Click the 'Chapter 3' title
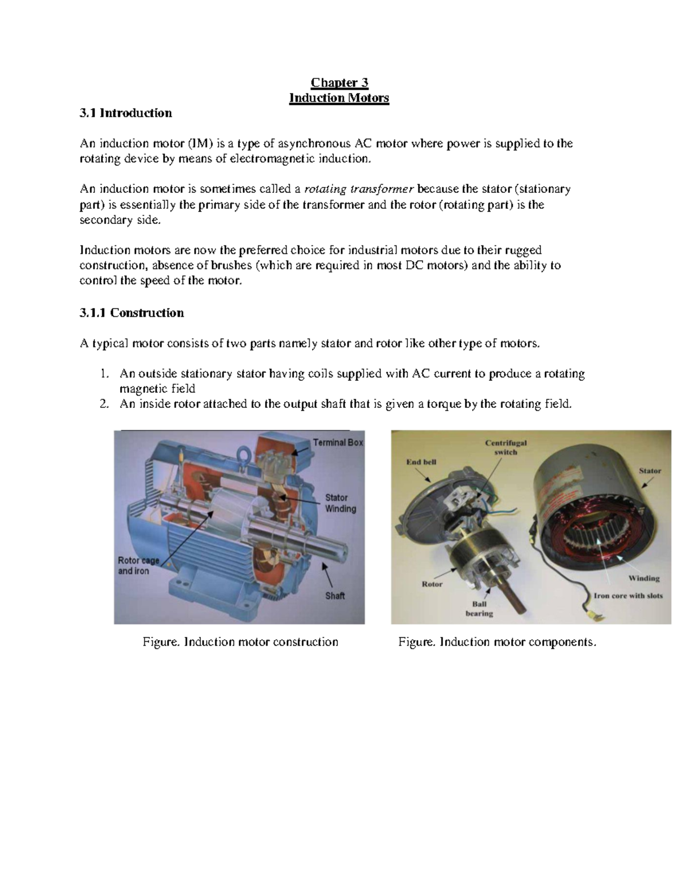(x=339, y=83)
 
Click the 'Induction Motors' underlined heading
(x=339, y=98)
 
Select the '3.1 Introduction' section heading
(x=125, y=113)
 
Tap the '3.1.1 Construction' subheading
(x=131, y=313)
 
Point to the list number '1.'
(x=103, y=374)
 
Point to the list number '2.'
(x=103, y=404)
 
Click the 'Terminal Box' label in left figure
(x=337, y=443)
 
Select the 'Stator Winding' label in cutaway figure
(x=340, y=503)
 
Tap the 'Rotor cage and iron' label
(x=138, y=566)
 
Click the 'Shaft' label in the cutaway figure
(x=335, y=596)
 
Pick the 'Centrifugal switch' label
(x=505, y=447)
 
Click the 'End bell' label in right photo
(x=421, y=462)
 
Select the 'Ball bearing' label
(x=479, y=609)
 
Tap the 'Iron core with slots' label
(x=628, y=596)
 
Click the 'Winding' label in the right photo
(x=644, y=578)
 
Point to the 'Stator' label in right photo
(x=649, y=470)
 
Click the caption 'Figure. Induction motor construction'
(x=240, y=642)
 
